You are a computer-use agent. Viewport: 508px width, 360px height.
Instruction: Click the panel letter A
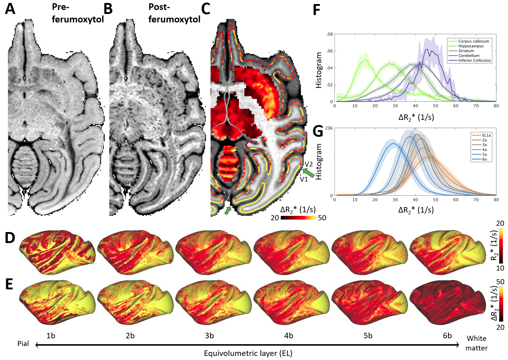[x=10, y=9]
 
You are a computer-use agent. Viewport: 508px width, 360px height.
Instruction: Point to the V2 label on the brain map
[x=309, y=164]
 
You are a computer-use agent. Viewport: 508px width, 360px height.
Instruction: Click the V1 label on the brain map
[x=304, y=179]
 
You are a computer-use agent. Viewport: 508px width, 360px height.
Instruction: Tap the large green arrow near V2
[x=309, y=172]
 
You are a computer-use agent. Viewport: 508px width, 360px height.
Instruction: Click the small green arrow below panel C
[x=228, y=210]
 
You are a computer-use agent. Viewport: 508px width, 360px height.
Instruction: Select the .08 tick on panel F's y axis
[x=329, y=35]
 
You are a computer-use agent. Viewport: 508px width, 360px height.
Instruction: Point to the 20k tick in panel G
[x=329, y=128]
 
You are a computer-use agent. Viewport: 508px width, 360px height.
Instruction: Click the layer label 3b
[x=209, y=335]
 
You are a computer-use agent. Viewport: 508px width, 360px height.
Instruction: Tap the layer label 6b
[x=447, y=335]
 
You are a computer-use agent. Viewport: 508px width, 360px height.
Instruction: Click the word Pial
[x=23, y=344]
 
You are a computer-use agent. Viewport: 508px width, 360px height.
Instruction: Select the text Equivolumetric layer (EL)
[x=248, y=353]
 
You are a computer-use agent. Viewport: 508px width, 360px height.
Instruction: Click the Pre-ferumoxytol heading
[x=78, y=13]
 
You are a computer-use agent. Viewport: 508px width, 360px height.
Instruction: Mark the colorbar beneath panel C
[x=298, y=218]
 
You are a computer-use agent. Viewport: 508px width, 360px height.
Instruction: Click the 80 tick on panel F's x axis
[x=496, y=106]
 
